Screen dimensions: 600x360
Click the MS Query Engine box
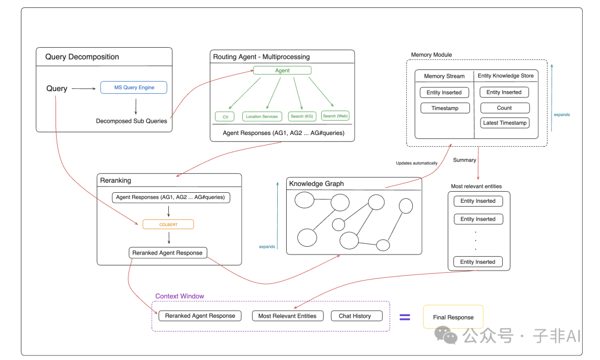[x=133, y=87]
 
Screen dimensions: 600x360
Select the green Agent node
[x=282, y=71]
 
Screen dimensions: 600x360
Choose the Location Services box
[x=262, y=116]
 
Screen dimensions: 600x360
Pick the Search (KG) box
[x=302, y=116]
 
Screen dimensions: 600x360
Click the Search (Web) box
[x=335, y=116]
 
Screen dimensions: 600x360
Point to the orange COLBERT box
[x=168, y=224]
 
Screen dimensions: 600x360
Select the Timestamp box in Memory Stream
[x=445, y=108]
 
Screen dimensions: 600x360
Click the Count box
[x=504, y=108]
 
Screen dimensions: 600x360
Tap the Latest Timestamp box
[x=504, y=123]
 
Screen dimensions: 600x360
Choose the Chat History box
[x=354, y=316]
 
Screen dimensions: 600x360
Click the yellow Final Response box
[x=453, y=317]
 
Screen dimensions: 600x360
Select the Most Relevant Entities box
[x=288, y=316]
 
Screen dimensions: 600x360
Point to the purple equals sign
[x=405, y=317]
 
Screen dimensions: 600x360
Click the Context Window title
[x=179, y=296]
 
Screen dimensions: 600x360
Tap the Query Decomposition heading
[x=82, y=57]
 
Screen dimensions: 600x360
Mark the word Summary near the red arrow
[x=464, y=160]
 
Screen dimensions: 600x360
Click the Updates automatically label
[x=417, y=163]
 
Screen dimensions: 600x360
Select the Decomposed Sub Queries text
[x=132, y=121]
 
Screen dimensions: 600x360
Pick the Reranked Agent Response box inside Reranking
[x=168, y=253]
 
